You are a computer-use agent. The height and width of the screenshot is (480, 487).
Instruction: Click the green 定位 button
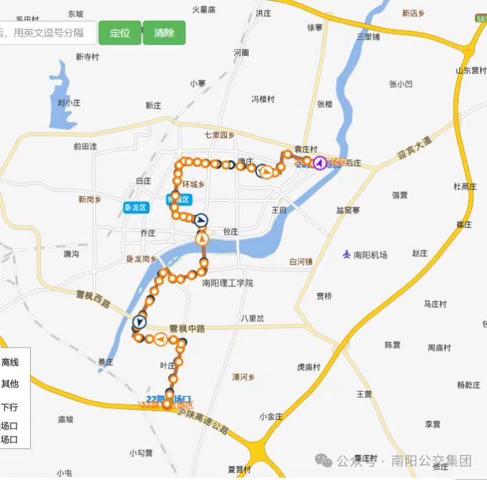click(x=120, y=33)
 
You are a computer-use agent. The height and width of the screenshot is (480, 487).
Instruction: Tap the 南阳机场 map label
click(x=370, y=254)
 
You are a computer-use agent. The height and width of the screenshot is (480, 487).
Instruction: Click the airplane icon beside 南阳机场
click(x=347, y=254)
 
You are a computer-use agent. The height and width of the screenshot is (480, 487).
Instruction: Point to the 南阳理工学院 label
click(x=228, y=283)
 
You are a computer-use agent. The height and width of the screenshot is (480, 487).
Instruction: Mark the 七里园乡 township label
click(x=219, y=135)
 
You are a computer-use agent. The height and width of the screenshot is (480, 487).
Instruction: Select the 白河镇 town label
click(x=301, y=262)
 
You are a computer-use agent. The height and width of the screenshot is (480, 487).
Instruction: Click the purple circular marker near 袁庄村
click(x=319, y=162)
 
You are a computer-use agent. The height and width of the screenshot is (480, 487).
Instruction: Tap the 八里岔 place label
click(x=252, y=317)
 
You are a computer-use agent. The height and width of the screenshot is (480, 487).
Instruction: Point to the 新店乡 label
click(x=413, y=14)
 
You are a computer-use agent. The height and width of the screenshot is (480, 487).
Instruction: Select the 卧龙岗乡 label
click(x=141, y=259)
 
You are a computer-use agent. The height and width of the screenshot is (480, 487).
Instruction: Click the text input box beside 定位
click(x=47, y=33)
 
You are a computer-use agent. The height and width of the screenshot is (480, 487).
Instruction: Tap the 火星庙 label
click(x=204, y=9)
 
